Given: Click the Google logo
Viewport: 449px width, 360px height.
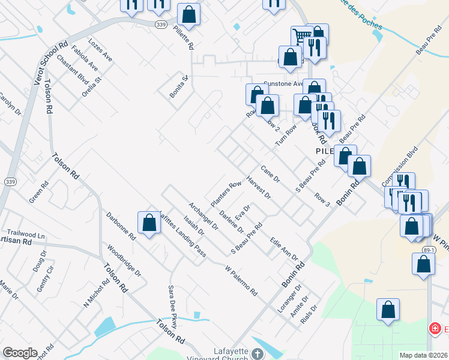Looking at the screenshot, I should [20, 353].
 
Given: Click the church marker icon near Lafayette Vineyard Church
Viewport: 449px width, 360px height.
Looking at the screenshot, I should [257, 354].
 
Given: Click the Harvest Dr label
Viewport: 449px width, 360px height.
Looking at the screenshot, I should [259, 187].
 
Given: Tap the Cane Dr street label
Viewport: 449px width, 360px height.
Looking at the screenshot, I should [270, 174].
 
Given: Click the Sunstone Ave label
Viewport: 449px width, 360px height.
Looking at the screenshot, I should [283, 85].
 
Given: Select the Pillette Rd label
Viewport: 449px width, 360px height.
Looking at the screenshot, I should [183, 37].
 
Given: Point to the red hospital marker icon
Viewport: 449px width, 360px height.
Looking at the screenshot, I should [434, 329].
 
